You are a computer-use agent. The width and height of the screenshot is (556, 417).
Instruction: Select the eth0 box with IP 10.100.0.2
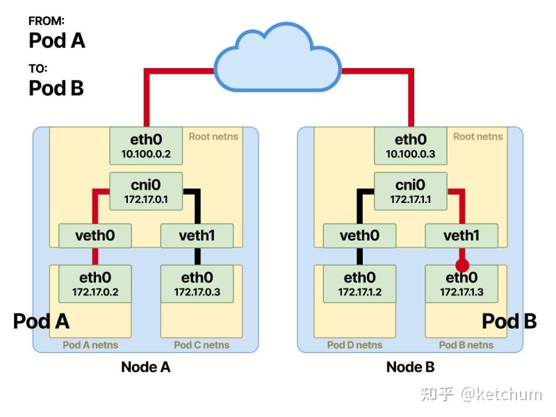coord(146,145)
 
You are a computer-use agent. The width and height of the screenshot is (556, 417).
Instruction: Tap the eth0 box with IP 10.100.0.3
coord(410,145)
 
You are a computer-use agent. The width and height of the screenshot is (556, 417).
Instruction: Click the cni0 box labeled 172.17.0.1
coord(146,191)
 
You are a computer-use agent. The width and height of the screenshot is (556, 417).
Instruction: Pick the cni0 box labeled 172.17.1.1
coord(410,191)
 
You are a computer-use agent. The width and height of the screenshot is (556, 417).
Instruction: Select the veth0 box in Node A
coord(95,236)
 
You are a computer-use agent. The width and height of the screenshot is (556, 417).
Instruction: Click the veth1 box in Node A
coord(197,236)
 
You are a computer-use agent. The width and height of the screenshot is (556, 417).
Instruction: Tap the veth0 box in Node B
coord(359,236)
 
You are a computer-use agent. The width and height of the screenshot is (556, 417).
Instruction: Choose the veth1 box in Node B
coord(461,236)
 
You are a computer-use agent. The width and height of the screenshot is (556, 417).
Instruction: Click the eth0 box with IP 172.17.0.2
coord(95,284)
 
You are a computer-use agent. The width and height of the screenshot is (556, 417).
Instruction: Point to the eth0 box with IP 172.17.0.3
coord(197,284)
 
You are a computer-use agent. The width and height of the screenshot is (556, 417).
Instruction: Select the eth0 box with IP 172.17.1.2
coord(359,284)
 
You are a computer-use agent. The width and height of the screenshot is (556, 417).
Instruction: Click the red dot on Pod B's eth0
coord(461,265)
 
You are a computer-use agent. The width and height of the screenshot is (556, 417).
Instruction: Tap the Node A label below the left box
coord(146,367)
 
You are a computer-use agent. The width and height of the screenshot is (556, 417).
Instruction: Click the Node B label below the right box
coord(410,367)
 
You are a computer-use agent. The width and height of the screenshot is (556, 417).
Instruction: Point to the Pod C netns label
coord(202,345)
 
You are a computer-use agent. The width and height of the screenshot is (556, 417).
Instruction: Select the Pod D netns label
coord(354,345)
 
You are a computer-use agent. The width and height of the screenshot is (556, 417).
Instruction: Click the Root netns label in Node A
coord(213,136)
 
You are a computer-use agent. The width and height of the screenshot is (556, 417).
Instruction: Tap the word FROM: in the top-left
coord(47,22)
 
